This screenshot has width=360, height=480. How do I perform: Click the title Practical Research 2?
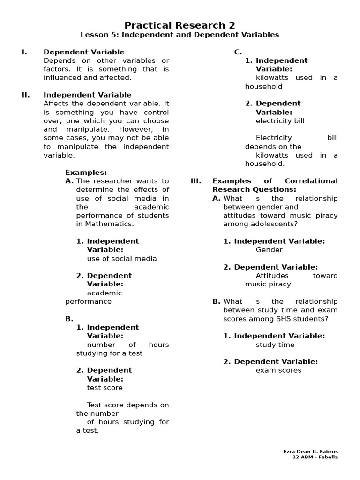pyautogui.click(x=180, y=25)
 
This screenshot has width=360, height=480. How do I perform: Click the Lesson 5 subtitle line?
pyautogui.click(x=180, y=35)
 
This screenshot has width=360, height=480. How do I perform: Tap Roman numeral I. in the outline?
pyautogui.click(x=24, y=52)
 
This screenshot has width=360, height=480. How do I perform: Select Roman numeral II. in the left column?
pyautogui.click(x=25, y=95)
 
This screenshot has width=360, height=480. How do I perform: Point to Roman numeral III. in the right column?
pyautogui.click(x=196, y=181)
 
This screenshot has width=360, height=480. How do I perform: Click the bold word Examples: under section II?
pyautogui.click(x=86, y=172)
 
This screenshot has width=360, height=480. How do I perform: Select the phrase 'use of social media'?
pyautogui.click(x=122, y=258)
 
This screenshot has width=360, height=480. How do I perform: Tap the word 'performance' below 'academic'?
pyautogui.click(x=88, y=301)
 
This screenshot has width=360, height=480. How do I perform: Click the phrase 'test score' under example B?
pyautogui.click(x=105, y=388)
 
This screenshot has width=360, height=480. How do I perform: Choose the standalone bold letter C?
pyautogui.click(x=238, y=52)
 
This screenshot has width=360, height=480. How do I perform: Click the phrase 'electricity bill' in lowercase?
pyautogui.click(x=280, y=120)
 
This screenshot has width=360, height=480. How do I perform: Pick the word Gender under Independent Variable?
pyautogui.click(x=269, y=250)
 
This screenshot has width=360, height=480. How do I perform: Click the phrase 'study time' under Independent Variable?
pyautogui.click(x=275, y=345)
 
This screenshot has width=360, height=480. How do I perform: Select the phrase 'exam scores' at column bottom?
pyautogui.click(x=278, y=370)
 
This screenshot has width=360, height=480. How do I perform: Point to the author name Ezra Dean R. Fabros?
pyautogui.click(x=310, y=451)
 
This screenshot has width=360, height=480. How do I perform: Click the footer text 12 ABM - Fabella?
pyautogui.click(x=315, y=457)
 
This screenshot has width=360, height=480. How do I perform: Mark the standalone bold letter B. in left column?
pyautogui.click(x=69, y=319)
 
